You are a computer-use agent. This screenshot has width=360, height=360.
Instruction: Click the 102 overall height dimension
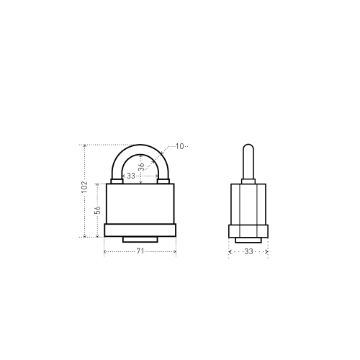click(84, 187)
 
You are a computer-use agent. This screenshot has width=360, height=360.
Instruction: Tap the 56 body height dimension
click(97, 210)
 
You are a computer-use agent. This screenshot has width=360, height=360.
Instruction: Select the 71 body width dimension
click(140, 251)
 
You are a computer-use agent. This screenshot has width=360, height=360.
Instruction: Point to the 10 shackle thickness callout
click(179, 146)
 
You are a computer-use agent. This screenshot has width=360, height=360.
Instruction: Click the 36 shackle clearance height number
click(142, 166)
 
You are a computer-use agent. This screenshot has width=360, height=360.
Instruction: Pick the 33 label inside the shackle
click(131, 176)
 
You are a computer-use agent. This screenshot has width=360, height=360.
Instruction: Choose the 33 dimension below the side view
click(248, 251)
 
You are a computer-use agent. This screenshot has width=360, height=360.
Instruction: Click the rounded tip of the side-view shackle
click(248, 145)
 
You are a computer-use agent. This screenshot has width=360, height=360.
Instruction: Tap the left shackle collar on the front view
click(117, 181)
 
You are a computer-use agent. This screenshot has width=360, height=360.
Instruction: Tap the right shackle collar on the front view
click(163, 181)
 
